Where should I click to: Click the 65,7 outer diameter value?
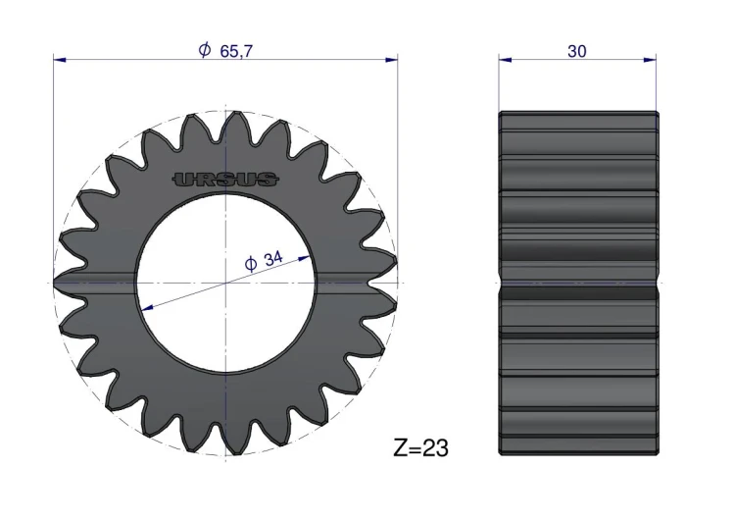pyautogui.click(x=236, y=51)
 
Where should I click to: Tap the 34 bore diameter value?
pyautogui.click(x=273, y=258)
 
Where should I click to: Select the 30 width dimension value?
pyautogui.click(x=576, y=51)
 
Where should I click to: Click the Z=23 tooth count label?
pyautogui.click(x=421, y=447)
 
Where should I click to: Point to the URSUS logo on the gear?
pyautogui.click(x=226, y=179)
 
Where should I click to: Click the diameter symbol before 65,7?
pyautogui.click(x=205, y=50)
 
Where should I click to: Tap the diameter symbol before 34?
pyautogui.click(x=251, y=264)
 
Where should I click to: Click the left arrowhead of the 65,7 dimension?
pyautogui.click(x=60, y=60)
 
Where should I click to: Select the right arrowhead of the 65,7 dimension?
pyautogui.click(x=391, y=60)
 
